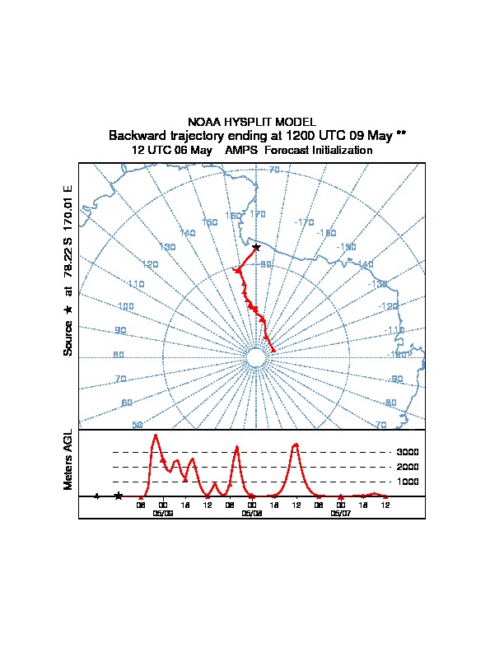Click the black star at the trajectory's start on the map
(x=256, y=247)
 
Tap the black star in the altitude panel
(x=119, y=496)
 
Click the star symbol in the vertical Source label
(x=68, y=310)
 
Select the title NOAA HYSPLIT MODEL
(x=252, y=122)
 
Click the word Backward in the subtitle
(x=137, y=135)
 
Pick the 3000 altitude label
(x=408, y=452)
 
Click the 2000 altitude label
(x=408, y=467)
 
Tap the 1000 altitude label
(x=408, y=482)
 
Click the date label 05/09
(x=163, y=513)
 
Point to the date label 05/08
(x=252, y=513)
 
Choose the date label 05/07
(x=340, y=513)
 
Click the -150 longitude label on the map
(x=346, y=247)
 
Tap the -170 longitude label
(x=305, y=222)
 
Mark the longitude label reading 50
(x=138, y=425)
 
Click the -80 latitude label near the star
(x=266, y=265)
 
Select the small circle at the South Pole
(x=256, y=357)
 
